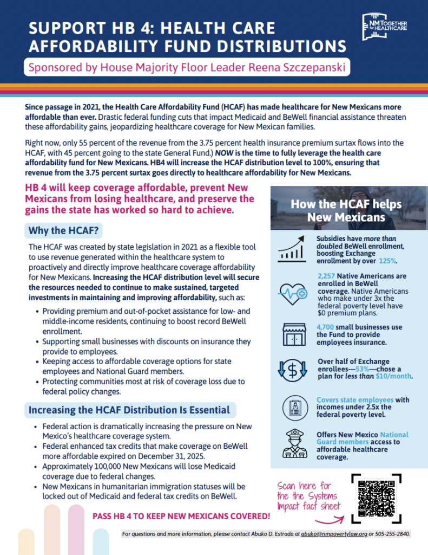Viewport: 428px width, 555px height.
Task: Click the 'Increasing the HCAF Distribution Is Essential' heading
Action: tap(129, 410)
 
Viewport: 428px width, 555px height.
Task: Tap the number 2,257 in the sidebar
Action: tap(328, 276)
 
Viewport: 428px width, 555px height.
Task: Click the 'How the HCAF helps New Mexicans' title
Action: tap(346, 211)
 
